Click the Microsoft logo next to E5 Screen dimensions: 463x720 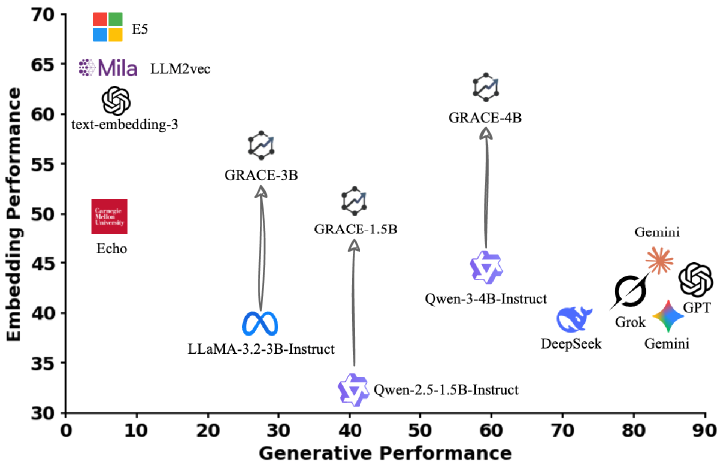tap(107, 28)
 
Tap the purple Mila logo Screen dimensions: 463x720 tap(108, 68)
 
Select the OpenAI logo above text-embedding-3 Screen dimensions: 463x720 tap(116, 101)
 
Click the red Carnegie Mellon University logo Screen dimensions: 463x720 tap(109, 217)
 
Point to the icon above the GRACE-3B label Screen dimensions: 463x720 tap(261, 146)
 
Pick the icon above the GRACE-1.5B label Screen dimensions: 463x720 tap(355, 201)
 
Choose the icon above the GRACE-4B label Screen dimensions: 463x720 tap(485, 88)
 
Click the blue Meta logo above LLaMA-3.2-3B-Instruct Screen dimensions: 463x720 tap(260, 324)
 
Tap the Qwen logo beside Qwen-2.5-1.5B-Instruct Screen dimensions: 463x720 tap(354, 389)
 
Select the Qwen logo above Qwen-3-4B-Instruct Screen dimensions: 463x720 tap(486, 267)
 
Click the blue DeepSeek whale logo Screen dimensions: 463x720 tap(575, 319)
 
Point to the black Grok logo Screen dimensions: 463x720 tap(630, 292)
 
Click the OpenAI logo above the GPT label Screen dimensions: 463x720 tap(695, 280)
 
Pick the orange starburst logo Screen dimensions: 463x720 tap(659, 260)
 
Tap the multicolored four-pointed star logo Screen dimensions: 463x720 tap(668, 318)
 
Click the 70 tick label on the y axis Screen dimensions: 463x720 tap(42, 15)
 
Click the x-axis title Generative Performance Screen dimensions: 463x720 tap(384, 452)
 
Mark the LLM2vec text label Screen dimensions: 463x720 tap(180, 69)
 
